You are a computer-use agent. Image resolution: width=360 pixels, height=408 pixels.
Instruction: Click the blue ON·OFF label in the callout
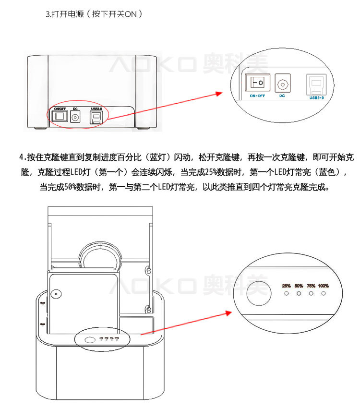point(257,96)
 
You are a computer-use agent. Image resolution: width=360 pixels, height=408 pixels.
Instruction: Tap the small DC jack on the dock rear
point(75,118)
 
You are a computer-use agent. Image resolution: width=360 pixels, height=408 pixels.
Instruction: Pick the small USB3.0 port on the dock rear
point(96,118)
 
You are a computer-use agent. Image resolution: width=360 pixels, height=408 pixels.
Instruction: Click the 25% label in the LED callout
point(287,286)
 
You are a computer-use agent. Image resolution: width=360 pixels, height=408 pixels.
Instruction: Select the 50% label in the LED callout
point(299,286)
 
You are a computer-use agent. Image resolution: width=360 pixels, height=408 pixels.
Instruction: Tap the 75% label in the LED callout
point(311,286)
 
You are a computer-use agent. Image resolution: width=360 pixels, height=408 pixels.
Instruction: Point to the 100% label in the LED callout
point(324,286)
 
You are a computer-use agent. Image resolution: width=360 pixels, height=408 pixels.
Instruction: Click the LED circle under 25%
point(287,293)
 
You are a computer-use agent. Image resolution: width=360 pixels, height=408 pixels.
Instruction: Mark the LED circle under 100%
point(324,293)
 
